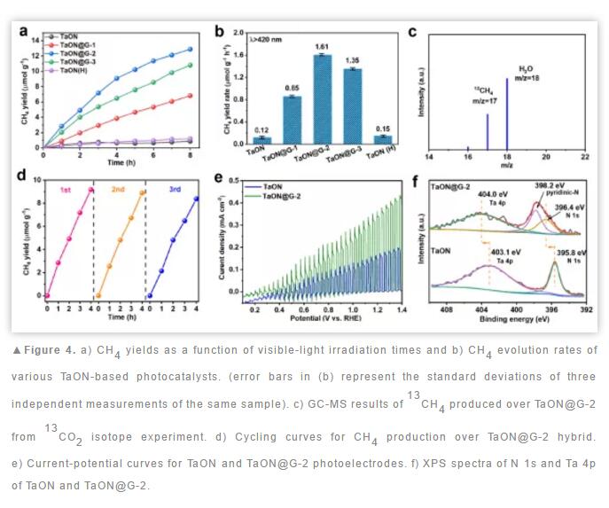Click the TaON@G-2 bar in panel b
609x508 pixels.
pyautogui.click(x=324, y=98)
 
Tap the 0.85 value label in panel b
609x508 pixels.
pyautogui.click(x=291, y=87)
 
